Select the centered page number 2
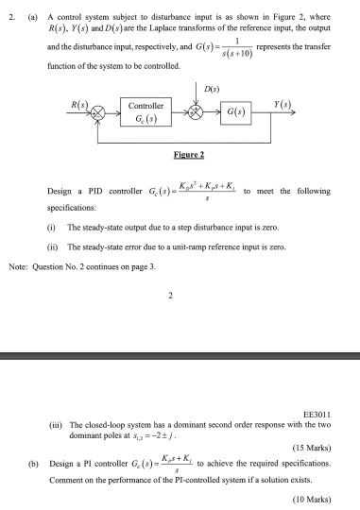pyautogui.click(x=168, y=296)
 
